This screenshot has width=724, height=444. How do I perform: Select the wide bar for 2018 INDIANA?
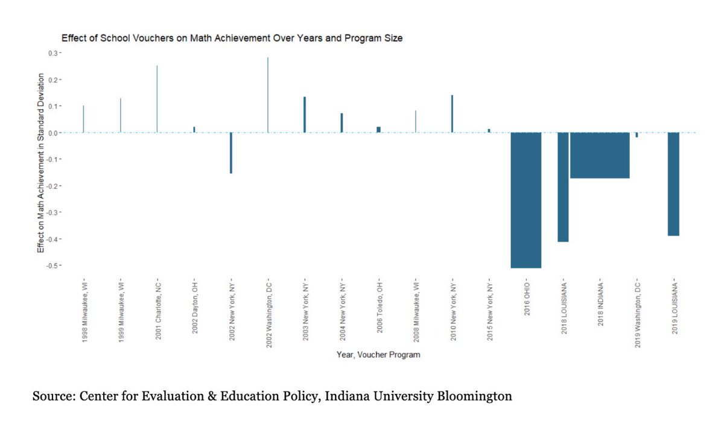pos(600,155)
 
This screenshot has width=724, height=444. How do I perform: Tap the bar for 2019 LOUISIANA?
pos(673,184)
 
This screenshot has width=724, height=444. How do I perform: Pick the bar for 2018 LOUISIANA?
pos(563,187)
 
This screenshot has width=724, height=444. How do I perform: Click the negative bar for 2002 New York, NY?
pos(231,153)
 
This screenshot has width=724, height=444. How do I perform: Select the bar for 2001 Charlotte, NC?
pos(157,99)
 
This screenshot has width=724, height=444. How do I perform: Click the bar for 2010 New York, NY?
pos(452,113)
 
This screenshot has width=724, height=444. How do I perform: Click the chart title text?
pos(232,38)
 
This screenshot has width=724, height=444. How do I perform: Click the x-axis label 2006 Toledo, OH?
pos(378,310)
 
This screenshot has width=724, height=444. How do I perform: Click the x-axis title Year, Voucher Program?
pos(378,355)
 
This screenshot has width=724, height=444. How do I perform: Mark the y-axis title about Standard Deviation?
pos(40,163)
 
